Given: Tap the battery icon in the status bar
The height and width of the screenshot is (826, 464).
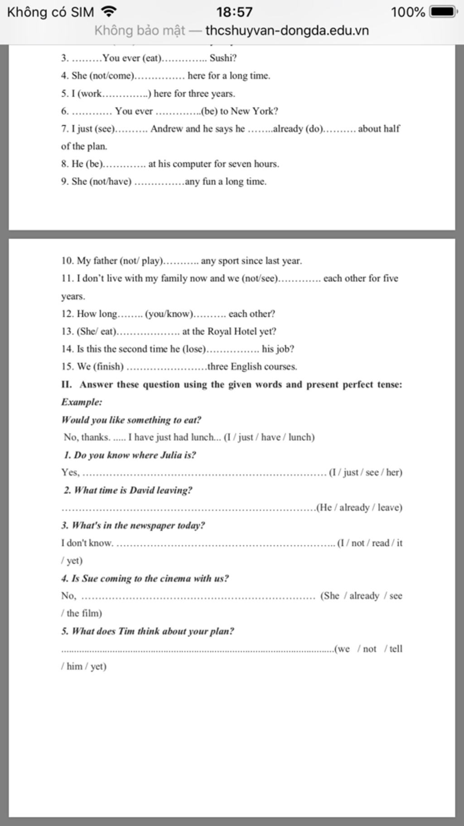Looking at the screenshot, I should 443,12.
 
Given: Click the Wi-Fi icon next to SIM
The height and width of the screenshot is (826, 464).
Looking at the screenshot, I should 109,11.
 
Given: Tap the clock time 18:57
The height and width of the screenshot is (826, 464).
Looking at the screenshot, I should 234,12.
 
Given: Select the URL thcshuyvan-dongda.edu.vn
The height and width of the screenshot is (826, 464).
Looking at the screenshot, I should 287,30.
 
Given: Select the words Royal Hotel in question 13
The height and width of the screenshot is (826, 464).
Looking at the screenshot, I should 232,331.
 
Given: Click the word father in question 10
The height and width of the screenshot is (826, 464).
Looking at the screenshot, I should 105,261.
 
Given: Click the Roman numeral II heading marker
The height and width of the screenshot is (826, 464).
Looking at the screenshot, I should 66,385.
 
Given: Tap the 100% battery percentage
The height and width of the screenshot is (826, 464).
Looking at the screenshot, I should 408,12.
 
